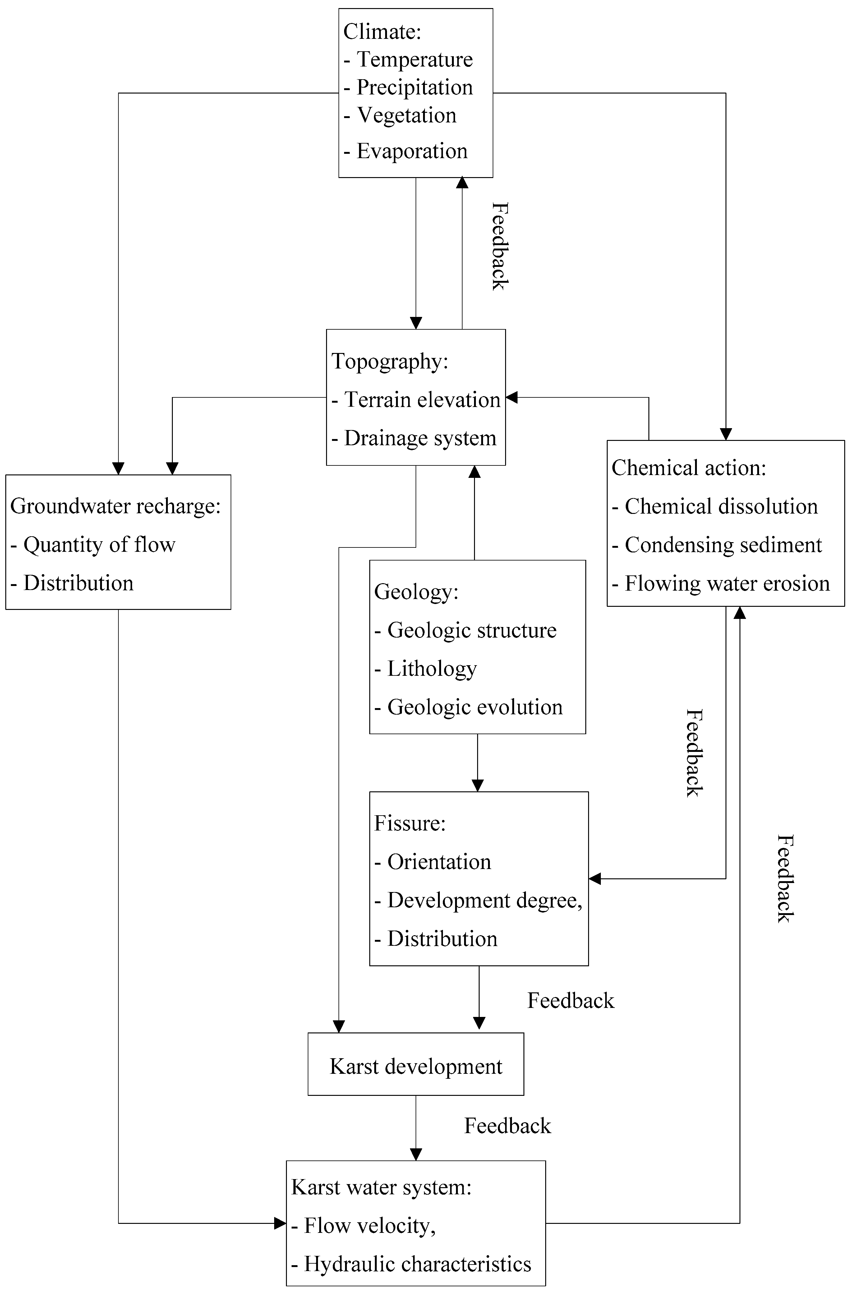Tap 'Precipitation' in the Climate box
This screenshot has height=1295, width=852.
(414, 87)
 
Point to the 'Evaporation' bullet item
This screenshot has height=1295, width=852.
(412, 151)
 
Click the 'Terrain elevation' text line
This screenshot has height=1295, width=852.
(422, 399)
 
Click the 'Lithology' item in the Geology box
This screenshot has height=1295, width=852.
(432, 668)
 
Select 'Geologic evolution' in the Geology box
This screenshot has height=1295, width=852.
(474, 707)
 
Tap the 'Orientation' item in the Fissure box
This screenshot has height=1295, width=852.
(439, 862)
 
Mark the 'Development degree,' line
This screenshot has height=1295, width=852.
(485, 900)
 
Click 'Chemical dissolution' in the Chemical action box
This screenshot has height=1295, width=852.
(721, 506)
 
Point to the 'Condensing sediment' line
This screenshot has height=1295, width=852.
(723, 545)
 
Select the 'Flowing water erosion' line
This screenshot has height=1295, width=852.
(727, 583)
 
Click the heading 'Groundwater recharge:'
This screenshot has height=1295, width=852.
(115, 506)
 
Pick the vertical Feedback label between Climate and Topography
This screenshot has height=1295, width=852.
(500, 246)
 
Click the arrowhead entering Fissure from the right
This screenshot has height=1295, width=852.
(595, 878)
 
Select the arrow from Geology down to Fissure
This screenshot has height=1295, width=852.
(477, 762)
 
